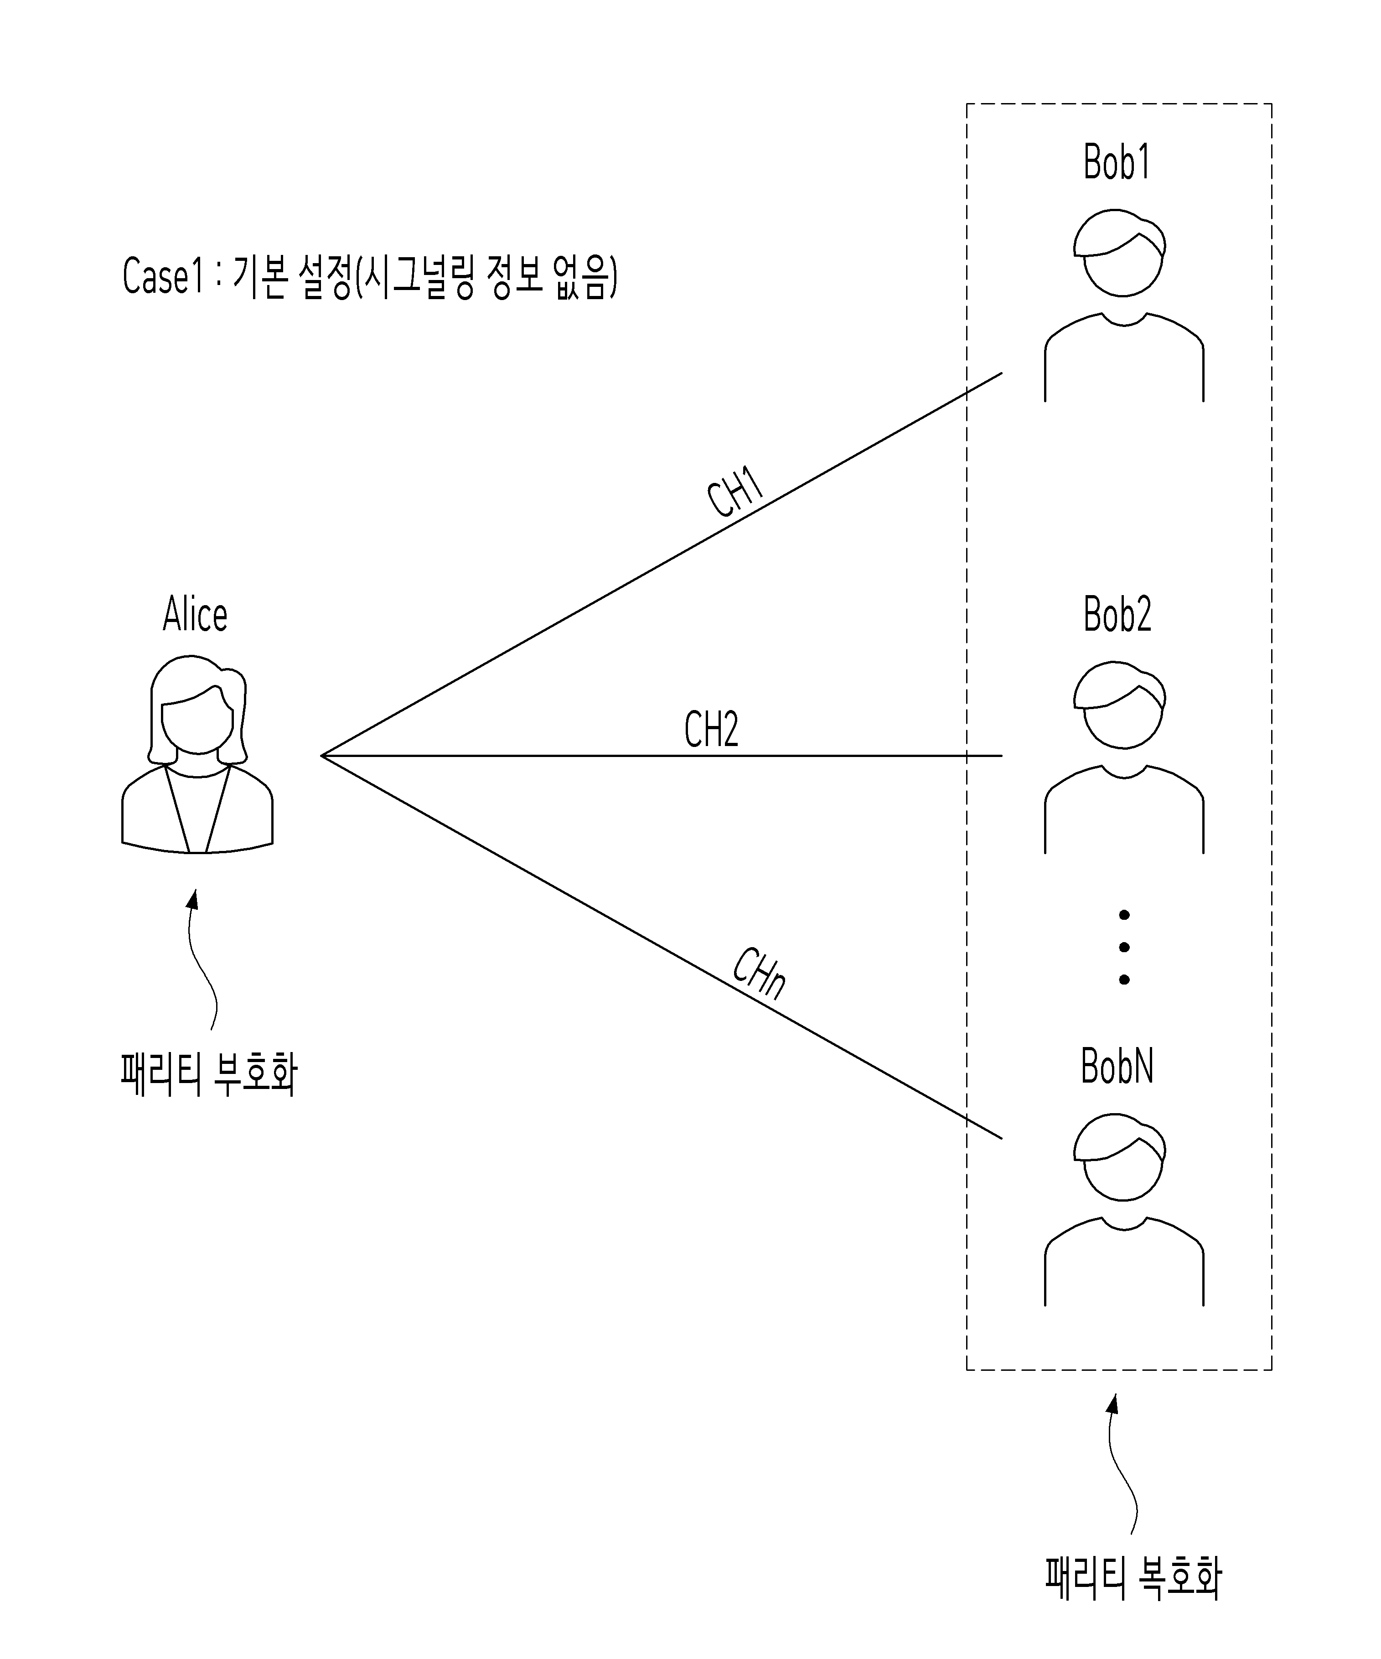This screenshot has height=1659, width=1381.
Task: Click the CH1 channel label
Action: (735, 492)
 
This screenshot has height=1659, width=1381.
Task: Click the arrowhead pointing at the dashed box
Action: (1113, 1403)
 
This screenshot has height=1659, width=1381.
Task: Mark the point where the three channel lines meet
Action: (321, 756)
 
